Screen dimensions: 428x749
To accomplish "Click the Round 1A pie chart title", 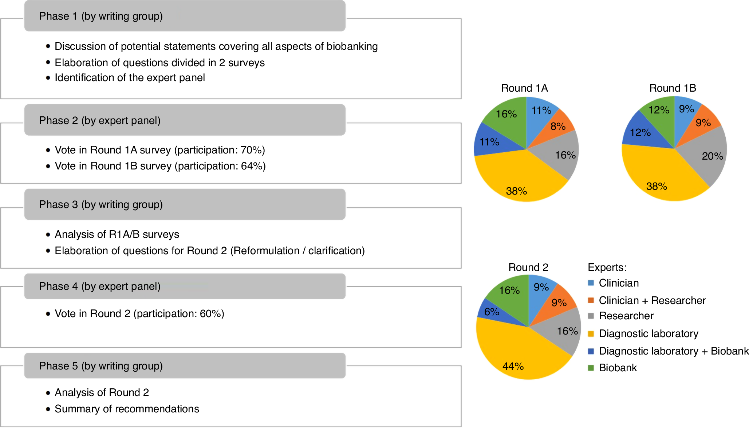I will pos(524,88).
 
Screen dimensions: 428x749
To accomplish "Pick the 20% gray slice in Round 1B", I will pos(706,156).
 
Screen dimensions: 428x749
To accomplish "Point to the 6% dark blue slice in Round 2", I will pos(492,312).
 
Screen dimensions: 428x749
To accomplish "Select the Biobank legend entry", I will pos(618,368).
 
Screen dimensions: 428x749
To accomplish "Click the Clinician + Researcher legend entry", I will pos(652,300).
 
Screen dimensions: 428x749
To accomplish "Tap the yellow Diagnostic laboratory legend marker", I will pos(591,333).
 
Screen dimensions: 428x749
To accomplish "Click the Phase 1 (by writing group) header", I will pos(101,16).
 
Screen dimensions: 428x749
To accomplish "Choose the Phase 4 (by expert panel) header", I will pos(100,286).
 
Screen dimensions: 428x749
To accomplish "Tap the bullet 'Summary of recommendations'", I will pos(127,409).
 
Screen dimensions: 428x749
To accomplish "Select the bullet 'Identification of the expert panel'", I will pos(130,77).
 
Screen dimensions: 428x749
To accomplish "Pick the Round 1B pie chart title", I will pos(672,88).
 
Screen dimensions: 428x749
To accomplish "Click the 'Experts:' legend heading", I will pos(607,267).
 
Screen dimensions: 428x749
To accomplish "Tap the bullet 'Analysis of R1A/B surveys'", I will pos(117,234).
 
